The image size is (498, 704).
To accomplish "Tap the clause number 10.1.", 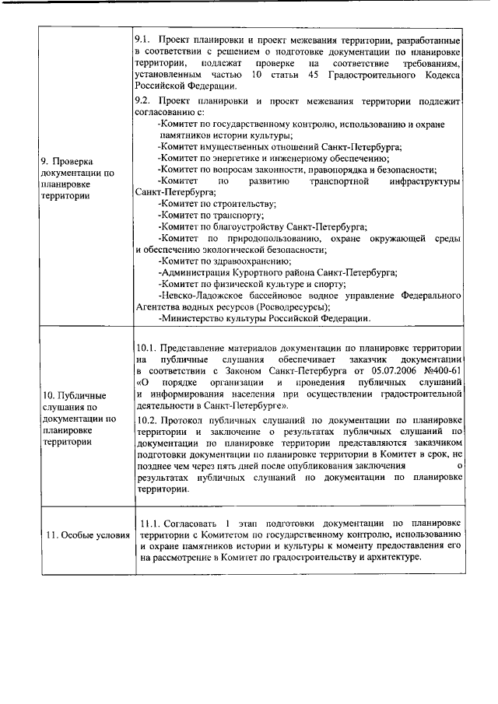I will click(147, 346).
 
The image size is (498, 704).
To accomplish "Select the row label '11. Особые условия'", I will click(86, 535).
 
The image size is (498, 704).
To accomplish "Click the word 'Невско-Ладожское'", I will click(204, 296).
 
